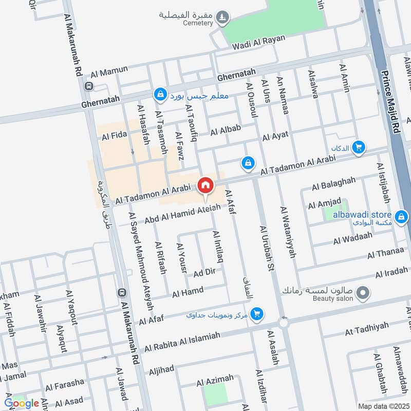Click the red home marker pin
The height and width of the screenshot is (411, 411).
206,184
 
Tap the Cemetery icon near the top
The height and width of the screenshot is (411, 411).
222,17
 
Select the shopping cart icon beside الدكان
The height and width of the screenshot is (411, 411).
359,148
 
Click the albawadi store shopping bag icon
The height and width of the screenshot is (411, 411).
401,217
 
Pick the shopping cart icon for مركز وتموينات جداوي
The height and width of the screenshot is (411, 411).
257,313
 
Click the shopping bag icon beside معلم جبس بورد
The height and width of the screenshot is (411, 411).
160,95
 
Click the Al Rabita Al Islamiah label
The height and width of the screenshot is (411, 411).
182,342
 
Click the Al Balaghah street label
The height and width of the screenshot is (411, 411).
333,183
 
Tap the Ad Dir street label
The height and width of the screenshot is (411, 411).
204,272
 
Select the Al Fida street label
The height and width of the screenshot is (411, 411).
114,136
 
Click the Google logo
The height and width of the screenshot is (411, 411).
22,403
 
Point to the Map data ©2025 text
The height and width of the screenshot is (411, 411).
383,406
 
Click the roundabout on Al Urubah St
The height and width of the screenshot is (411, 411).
283,323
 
